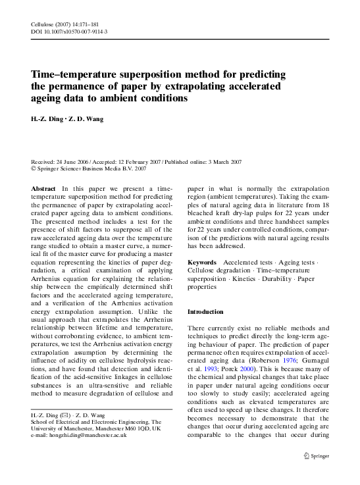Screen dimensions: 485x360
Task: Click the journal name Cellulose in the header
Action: tap(43, 22)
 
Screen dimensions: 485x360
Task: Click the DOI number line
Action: tap(70, 31)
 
